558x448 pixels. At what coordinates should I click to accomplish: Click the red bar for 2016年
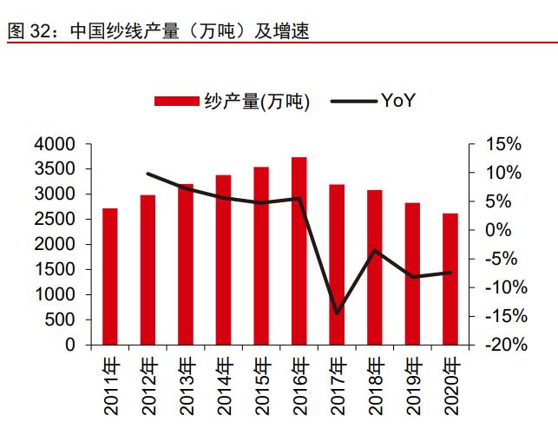tap(299, 252)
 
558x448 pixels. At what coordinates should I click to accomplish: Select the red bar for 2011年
tap(110, 277)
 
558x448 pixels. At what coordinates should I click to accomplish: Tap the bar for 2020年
tap(450, 280)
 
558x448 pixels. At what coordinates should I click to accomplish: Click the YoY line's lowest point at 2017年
tap(337, 313)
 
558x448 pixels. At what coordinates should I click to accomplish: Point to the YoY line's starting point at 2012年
tap(148, 174)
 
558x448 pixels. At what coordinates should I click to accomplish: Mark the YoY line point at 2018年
tap(375, 251)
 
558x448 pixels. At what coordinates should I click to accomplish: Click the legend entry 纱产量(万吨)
tap(232, 102)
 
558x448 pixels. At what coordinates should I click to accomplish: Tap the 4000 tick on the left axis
tap(56, 144)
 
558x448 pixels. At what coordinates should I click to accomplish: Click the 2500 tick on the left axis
tap(56, 220)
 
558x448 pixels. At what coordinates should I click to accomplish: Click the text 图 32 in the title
tap(28, 32)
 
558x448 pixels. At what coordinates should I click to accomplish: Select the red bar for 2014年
tap(223, 260)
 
